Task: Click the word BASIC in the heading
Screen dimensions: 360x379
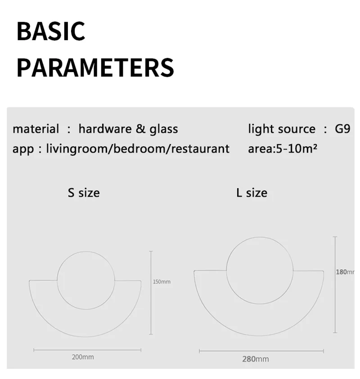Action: point(51,31)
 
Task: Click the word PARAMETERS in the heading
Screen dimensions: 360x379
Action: point(95,68)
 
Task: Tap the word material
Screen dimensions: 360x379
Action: point(36,129)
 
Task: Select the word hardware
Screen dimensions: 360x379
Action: point(105,129)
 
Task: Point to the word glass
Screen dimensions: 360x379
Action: point(164,129)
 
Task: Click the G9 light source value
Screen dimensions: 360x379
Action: point(342,129)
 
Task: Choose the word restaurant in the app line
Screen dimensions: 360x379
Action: point(200,149)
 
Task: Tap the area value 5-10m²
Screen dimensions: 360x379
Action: point(297,149)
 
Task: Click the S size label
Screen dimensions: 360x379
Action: point(84,193)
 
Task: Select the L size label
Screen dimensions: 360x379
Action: point(252,193)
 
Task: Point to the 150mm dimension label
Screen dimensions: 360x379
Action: point(162,282)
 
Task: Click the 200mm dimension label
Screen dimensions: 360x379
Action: point(83,357)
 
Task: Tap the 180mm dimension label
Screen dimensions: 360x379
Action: point(345,272)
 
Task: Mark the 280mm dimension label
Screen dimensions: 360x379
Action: point(256,359)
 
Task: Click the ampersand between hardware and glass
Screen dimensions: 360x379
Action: point(140,129)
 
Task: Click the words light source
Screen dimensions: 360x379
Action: point(282,129)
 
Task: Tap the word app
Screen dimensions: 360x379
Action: point(23,149)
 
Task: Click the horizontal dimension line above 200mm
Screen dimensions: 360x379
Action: point(87,350)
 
